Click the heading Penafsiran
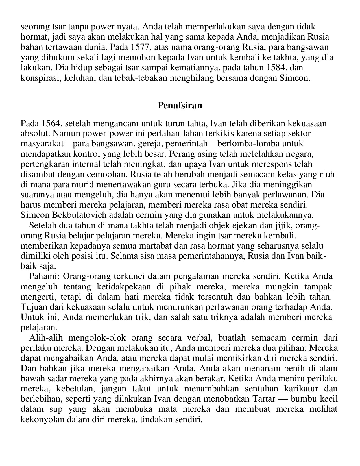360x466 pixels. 180,105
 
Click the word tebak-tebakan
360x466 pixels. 144,78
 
